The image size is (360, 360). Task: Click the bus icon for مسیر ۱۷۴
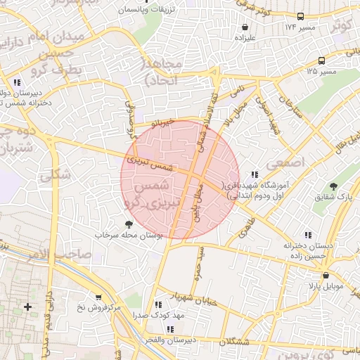(x=301, y=15)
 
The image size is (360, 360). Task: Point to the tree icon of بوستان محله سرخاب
(x=127, y=224)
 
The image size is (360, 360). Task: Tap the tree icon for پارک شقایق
(x=333, y=187)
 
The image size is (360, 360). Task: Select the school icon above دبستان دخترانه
(x=307, y=235)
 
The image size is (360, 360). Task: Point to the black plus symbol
(x=27, y=307)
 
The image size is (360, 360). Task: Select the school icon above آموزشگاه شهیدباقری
(x=255, y=174)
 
